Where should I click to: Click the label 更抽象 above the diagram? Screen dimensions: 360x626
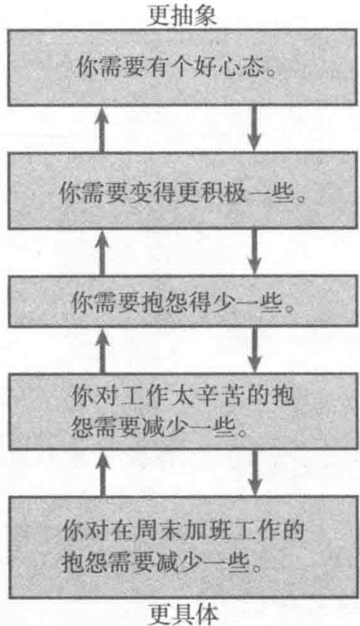[182, 15]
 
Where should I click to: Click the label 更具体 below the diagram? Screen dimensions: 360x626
[184, 614]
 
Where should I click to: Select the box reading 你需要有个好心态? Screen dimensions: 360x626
[183, 67]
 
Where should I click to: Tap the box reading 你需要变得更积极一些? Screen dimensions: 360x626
[183, 190]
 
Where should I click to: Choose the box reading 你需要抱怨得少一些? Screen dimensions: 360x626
[183, 301]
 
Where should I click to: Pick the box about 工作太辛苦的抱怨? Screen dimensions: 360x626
[183, 412]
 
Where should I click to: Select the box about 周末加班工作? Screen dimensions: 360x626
[183, 547]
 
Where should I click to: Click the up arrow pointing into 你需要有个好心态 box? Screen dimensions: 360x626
[102, 129]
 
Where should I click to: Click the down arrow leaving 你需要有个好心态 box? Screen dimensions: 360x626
[254, 129]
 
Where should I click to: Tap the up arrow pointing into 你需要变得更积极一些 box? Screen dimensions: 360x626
[102, 252]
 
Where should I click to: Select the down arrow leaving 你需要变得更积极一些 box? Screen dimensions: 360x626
[254, 252]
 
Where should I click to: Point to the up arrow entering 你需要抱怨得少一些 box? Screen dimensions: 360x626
[102, 350]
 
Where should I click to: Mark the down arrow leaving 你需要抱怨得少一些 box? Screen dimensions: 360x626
[254, 350]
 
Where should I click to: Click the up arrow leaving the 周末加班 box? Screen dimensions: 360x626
[102, 473]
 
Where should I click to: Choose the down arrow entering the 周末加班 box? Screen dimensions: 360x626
[254, 473]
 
